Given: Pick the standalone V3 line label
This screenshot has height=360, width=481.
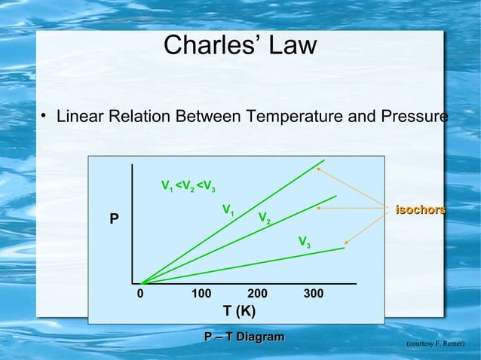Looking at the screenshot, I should click(305, 243).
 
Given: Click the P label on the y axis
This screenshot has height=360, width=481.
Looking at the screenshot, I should click(114, 220).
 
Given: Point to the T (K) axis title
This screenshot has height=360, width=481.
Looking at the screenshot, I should click(239, 311).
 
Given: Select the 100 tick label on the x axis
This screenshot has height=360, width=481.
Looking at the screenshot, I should click(201, 294).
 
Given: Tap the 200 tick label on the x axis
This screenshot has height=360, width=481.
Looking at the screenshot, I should click(258, 294).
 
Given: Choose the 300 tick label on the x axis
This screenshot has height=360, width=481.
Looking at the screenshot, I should click(314, 294).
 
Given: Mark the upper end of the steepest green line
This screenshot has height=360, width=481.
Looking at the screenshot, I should click(324, 160).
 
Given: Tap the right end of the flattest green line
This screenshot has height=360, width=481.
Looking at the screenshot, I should click(344, 248).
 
